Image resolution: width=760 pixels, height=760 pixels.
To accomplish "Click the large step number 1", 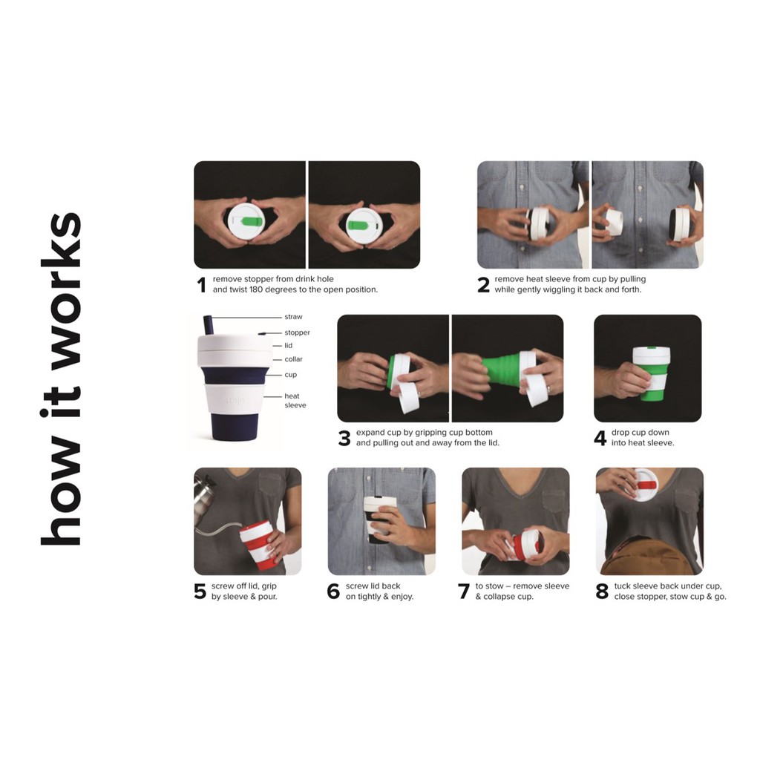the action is (202, 284).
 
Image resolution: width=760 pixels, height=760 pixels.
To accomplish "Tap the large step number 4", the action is (600, 438).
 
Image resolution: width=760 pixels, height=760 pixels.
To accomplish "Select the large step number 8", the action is (602, 592).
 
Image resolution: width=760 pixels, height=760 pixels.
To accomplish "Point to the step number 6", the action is (333, 592).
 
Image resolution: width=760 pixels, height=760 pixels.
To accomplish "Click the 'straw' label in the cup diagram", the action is (293, 317).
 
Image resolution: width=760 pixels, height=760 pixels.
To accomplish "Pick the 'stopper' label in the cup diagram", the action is (297, 332).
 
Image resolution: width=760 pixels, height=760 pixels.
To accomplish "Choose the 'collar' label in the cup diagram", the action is (293, 359).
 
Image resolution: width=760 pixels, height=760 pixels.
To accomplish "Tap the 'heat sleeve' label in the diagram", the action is (295, 400).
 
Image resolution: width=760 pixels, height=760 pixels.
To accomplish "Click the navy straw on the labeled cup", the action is (209, 325).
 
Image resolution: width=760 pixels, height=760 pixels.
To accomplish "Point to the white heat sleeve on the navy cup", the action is (235, 399).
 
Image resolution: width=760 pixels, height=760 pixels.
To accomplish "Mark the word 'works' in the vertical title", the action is (62, 290).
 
